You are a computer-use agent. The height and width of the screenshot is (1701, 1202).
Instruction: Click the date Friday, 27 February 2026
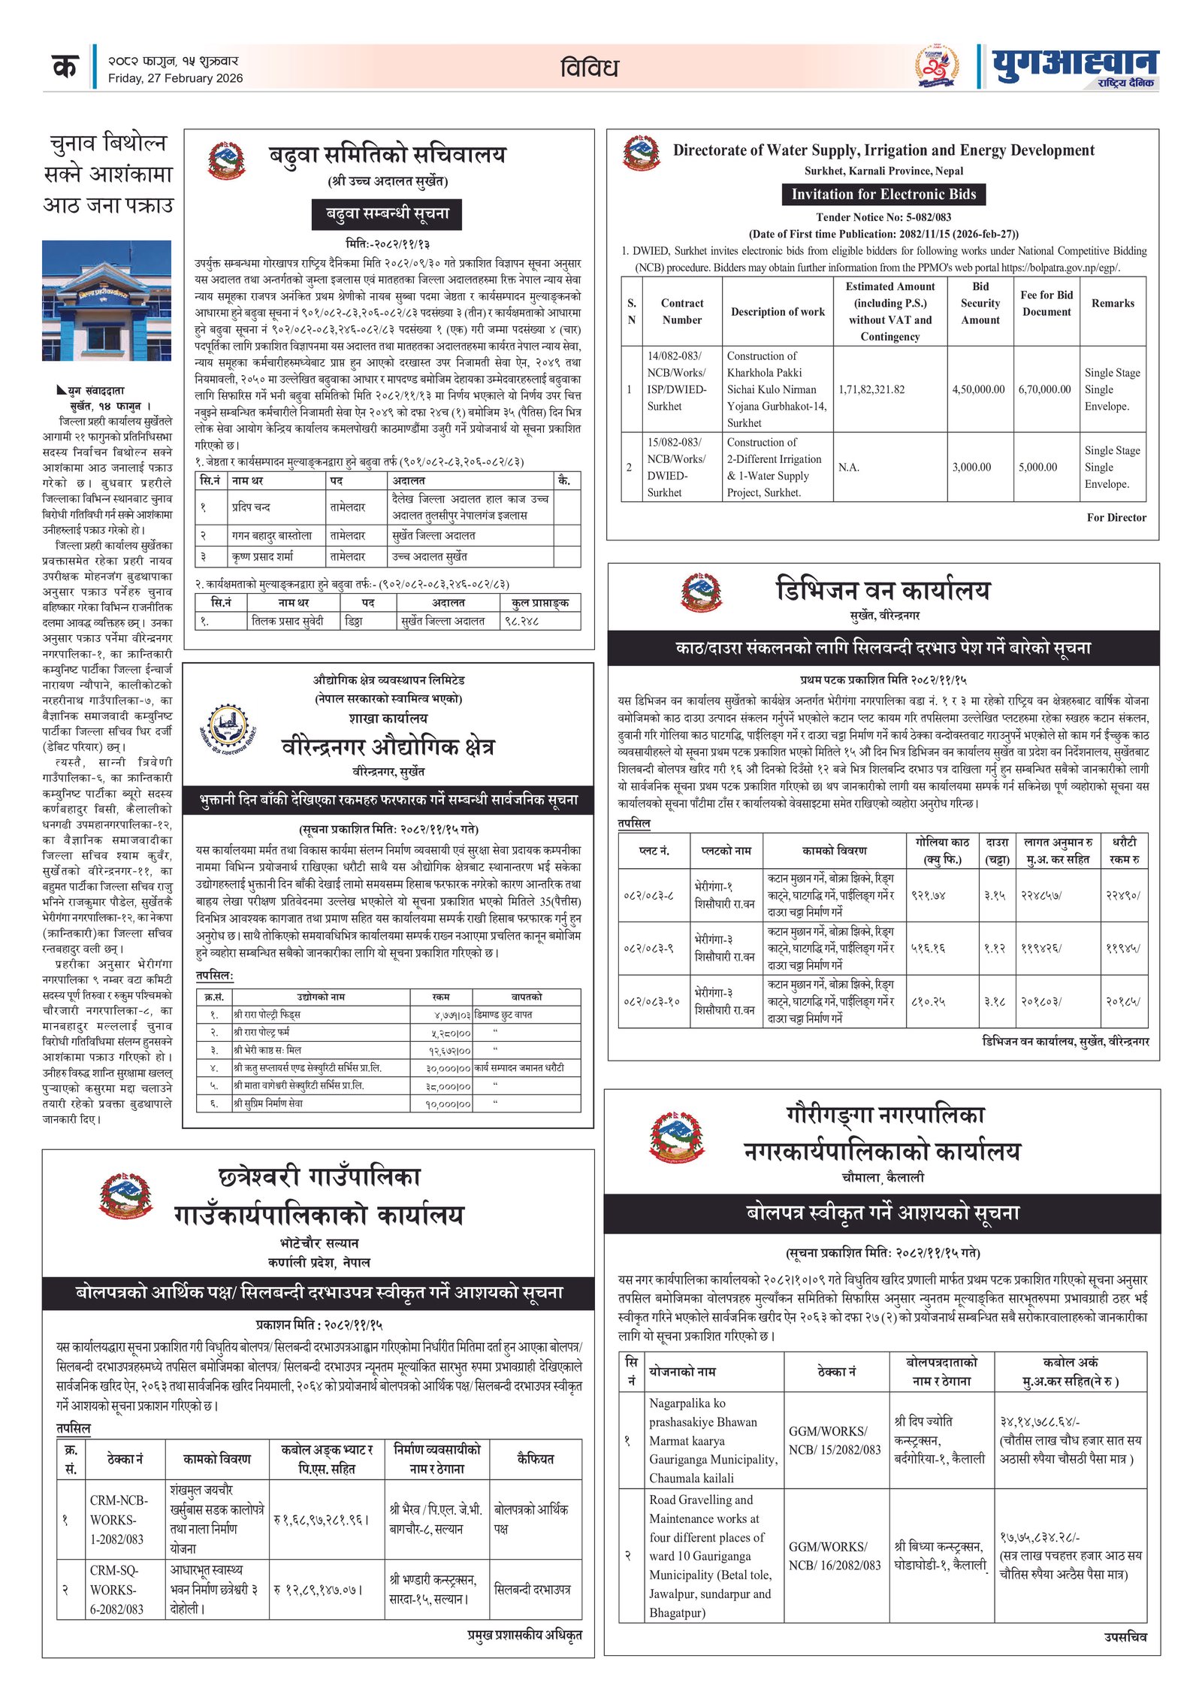click(x=175, y=78)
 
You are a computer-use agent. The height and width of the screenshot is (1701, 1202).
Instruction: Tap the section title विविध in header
click(x=589, y=68)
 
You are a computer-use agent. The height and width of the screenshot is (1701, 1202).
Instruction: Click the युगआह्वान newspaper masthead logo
click(x=1074, y=68)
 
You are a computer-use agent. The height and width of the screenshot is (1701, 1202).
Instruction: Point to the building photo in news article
click(x=107, y=300)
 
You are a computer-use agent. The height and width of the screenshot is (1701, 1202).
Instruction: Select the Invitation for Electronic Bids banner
click(x=883, y=194)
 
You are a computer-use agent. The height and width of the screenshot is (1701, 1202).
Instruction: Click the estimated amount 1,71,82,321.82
click(x=871, y=389)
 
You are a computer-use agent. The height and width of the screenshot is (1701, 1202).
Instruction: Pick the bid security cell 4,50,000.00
click(x=978, y=389)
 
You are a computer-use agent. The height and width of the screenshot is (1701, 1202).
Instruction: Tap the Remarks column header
click(x=1113, y=303)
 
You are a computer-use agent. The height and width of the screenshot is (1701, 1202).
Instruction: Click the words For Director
click(x=1116, y=517)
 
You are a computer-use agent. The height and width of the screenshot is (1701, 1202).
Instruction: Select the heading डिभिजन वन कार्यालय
click(x=883, y=590)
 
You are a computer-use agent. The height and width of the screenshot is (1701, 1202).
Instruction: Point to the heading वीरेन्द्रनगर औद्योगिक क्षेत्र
click(x=388, y=747)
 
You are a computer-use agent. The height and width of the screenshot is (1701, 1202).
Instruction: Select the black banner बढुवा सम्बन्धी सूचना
click(x=387, y=213)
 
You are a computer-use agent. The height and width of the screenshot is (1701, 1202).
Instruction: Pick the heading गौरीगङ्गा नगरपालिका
click(x=884, y=1115)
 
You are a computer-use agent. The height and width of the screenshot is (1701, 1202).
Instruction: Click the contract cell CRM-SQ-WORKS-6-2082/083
click(x=116, y=1590)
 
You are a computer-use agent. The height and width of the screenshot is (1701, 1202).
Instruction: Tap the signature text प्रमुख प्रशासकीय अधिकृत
click(x=524, y=1634)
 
